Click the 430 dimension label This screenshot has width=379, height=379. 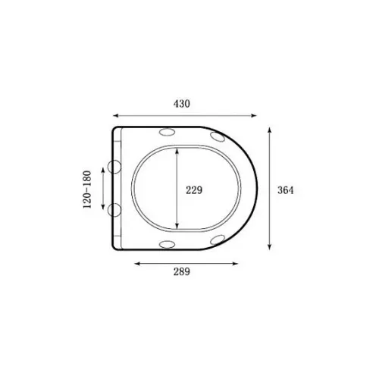pos(181,104)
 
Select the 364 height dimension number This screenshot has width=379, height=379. pos(286,190)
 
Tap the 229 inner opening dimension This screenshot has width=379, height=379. pos(194,190)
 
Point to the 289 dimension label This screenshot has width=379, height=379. pos(181,272)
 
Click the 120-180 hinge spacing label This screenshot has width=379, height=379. pos(87,189)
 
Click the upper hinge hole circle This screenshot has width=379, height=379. pos(114,167)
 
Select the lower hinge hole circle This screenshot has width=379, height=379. pos(114,210)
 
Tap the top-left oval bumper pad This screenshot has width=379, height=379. pos(167,132)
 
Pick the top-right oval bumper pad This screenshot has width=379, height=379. pos(218,136)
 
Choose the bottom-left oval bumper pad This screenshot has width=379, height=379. pos(167,244)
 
